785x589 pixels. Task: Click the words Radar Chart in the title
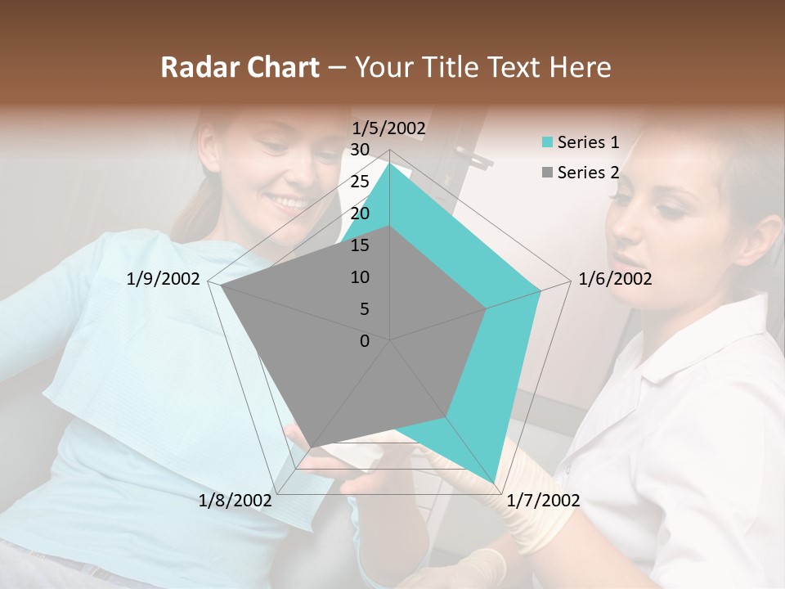(x=240, y=68)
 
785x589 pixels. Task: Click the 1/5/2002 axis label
(x=388, y=128)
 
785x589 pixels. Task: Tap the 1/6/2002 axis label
(x=615, y=279)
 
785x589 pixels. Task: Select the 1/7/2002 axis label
(x=543, y=501)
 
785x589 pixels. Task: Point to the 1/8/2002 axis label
(x=235, y=501)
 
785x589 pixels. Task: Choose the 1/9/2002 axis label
(x=164, y=279)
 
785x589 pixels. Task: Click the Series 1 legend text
(x=588, y=142)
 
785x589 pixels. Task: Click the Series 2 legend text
(x=588, y=173)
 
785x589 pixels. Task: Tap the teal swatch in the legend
(x=547, y=143)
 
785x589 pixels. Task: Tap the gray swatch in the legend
(x=547, y=173)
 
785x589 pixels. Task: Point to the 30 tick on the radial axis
(x=360, y=150)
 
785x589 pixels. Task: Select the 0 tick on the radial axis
(x=365, y=341)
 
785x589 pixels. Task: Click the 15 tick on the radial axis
(x=360, y=245)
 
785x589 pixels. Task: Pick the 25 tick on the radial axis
(x=360, y=182)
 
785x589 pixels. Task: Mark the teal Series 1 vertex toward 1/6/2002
(x=541, y=290)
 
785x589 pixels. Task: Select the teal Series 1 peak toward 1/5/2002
(x=390, y=163)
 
